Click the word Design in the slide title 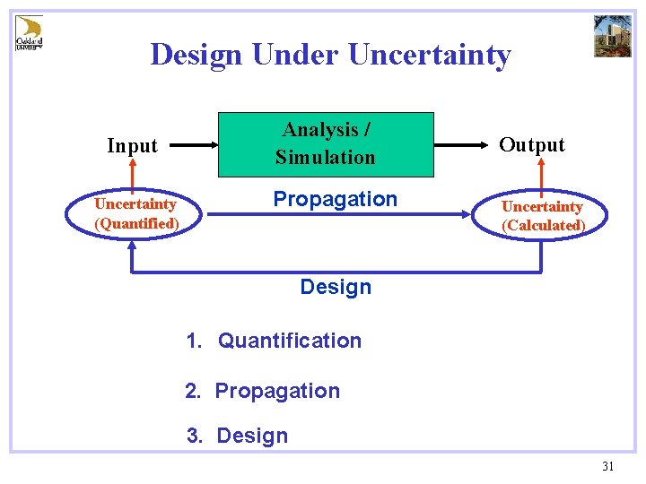196,55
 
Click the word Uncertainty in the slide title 429,55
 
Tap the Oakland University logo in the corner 29,33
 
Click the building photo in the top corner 612,36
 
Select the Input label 132,145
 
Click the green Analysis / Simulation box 326,143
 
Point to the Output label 532,145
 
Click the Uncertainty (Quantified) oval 136,214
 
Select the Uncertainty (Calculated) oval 543,216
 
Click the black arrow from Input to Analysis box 194,144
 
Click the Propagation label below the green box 335,199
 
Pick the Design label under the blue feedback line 335,287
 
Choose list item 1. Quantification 274,341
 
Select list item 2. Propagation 263,391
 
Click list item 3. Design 238,436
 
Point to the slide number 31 607,466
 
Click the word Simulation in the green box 326,158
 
